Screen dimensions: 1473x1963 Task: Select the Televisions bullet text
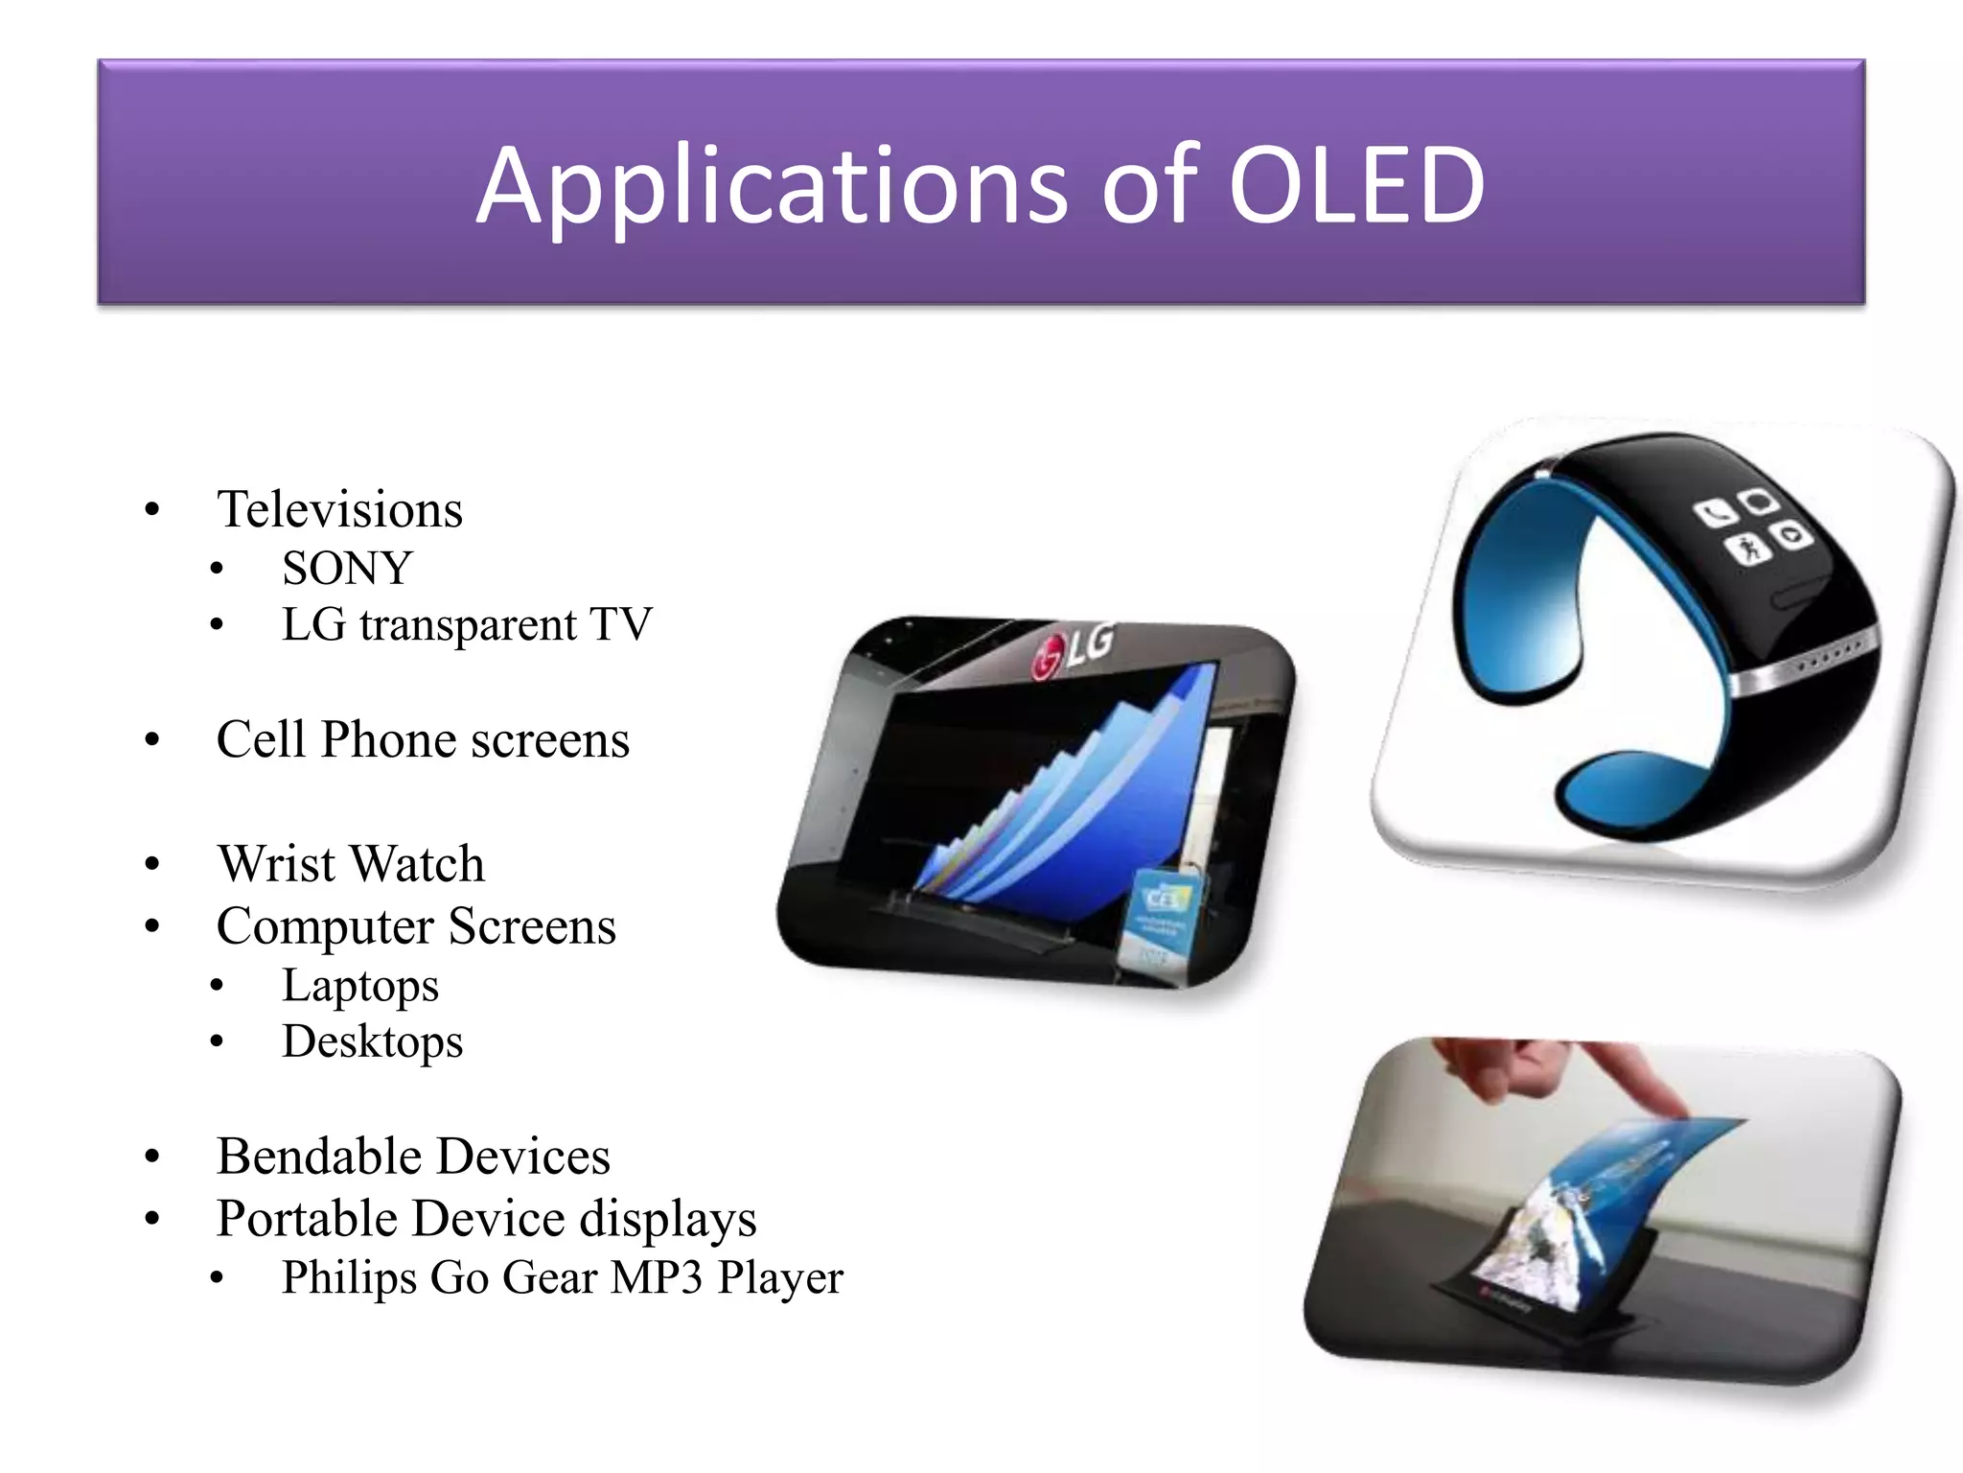click(340, 509)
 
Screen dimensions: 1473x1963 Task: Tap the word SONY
click(347, 568)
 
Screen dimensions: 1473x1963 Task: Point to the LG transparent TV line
click(467, 624)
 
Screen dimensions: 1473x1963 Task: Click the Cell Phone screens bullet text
click(423, 739)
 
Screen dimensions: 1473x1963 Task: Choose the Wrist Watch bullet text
click(351, 863)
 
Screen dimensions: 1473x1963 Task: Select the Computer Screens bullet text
click(416, 926)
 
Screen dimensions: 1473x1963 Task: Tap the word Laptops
click(359, 986)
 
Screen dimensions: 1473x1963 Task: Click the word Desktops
click(372, 1041)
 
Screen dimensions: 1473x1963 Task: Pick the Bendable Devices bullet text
click(413, 1156)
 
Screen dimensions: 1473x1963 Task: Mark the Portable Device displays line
click(486, 1219)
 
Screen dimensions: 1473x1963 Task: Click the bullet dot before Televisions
click(151, 510)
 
